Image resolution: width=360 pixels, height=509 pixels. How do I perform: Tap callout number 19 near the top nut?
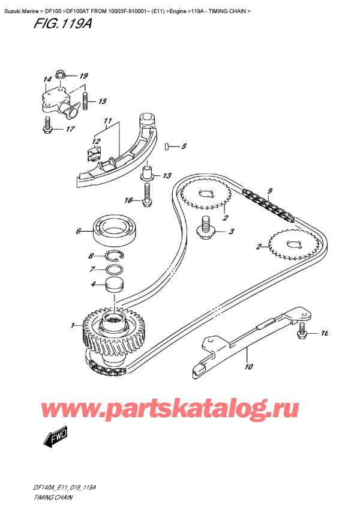click(x=83, y=76)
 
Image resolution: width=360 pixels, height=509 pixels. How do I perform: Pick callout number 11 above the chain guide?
click(x=107, y=121)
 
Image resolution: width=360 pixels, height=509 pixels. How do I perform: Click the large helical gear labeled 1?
click(x=115, y=336)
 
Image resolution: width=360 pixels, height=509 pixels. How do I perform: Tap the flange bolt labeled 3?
click(x=206, y=230)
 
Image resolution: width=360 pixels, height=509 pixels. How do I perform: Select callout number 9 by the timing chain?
click(x=270, y=191)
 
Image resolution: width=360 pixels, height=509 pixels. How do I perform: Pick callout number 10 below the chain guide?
click(x=248, y=367)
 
